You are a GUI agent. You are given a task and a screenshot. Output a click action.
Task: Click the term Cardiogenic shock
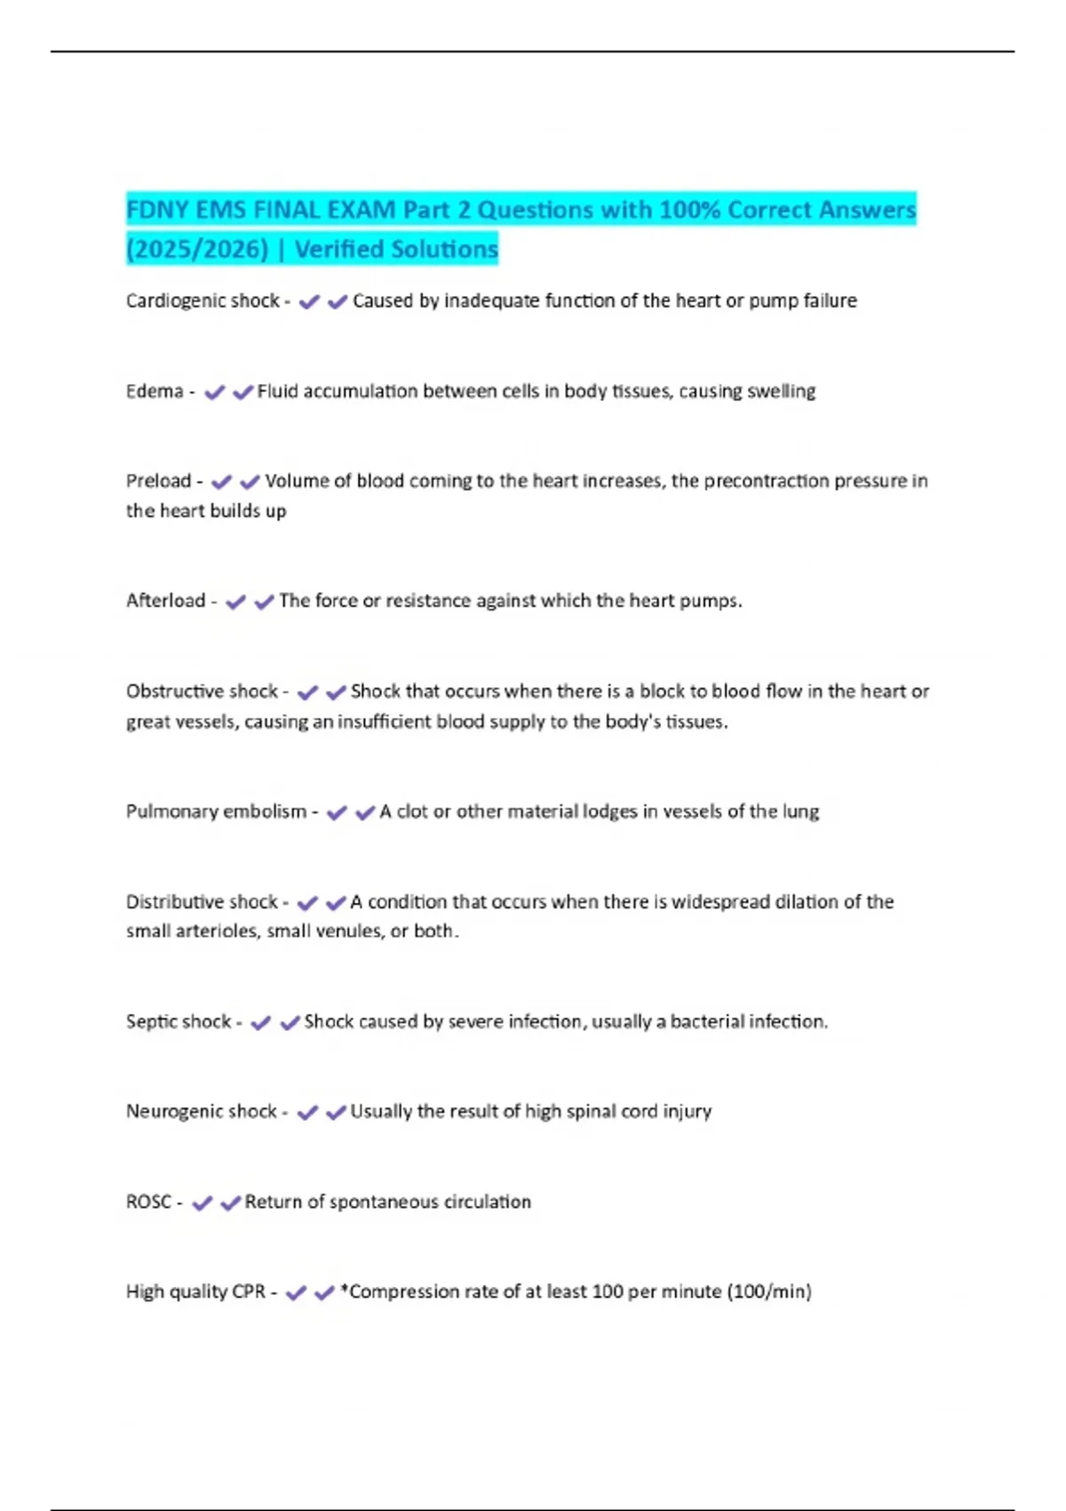(203, 301)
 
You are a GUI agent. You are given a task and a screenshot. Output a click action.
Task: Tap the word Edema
(155, 391)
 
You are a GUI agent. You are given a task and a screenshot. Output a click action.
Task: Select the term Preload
(158, 481)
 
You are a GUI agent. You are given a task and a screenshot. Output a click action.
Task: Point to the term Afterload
(165, 601)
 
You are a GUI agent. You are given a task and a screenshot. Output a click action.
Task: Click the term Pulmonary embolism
(216, 811)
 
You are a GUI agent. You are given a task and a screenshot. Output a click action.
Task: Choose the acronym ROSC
(148, 1202)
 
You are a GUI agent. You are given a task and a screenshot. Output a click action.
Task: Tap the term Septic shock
(179, 1022)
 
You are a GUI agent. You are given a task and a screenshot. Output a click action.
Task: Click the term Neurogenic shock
(202, 1112)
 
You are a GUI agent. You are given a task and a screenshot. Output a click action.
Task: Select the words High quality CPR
(195, 1291)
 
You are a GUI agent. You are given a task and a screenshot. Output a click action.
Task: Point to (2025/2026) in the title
(197, 250)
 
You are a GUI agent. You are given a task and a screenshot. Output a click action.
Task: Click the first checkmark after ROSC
(203, 1203)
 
